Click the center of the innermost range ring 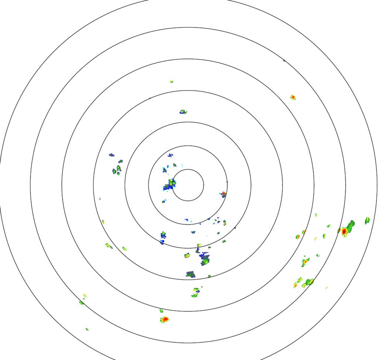[x=188, y=185]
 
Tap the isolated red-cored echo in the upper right [x=293, y=97]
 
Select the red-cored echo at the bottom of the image [x=165, y=319]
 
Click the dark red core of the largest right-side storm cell [x=344, y=231]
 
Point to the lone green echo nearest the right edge [x=367, y=221]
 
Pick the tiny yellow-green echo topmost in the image [x=171, y=81]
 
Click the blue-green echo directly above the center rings [x=183, y=112]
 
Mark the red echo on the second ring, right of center [x=223, y=194]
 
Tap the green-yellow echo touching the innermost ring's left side [x=172, y=182]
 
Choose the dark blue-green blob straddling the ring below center [x=191, y=274]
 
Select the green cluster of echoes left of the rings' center [x=117, y=170]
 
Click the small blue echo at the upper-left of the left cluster [x=112, y=155]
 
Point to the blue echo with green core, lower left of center [x=163, y=235]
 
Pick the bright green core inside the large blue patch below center [x=205, y=261]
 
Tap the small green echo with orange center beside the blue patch [x=187, y=255]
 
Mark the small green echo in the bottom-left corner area [x=87, y=329]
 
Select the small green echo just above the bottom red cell [x=161, y=310]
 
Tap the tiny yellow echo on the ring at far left [x=103, y=222]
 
